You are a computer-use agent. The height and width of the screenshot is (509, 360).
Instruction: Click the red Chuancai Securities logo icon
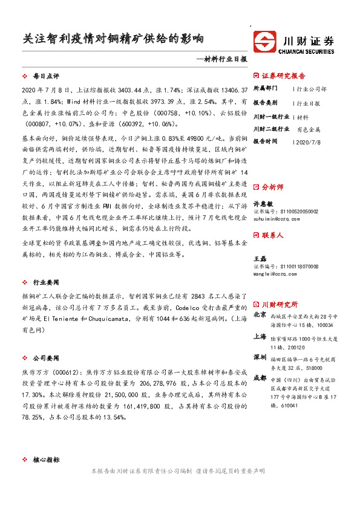click(266, 43)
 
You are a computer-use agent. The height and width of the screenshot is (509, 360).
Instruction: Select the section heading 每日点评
click(46, 77)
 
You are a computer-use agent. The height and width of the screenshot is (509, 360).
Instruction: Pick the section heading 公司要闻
click(46, 340)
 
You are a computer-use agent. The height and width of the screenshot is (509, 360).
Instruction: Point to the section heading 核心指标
click(46, 460)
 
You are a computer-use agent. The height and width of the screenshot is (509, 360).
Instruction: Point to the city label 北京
click(260, 315)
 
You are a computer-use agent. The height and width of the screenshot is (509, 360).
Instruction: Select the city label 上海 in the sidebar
click(260, 337)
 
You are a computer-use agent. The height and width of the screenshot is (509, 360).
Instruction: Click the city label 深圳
click(260, 356)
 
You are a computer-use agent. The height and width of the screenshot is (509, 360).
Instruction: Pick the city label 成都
click(260, 378)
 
